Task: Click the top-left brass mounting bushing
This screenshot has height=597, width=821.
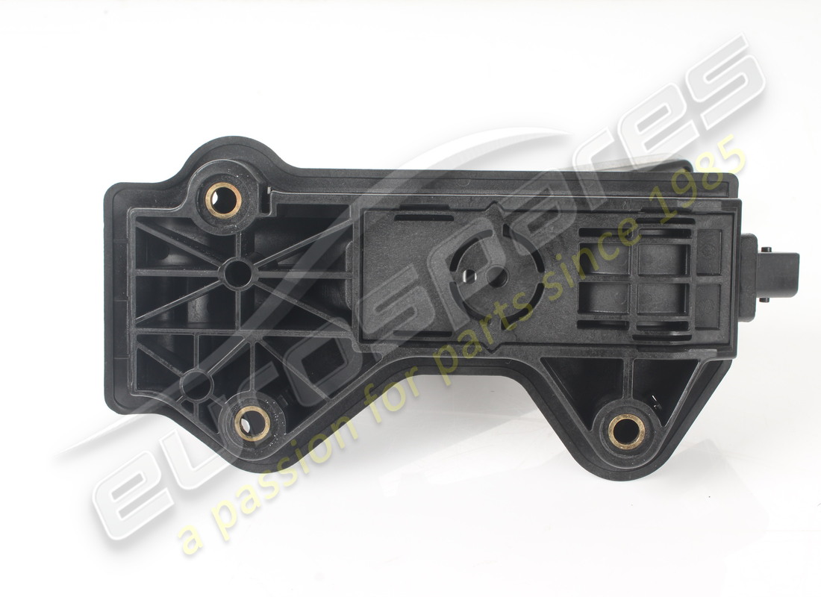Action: (x=223, y=199)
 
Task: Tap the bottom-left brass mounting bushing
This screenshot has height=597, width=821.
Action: (x=252, y=423)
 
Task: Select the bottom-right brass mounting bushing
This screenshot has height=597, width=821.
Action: (x=626, y=431)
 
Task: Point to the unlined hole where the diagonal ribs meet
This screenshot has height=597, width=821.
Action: (x=237, y=274)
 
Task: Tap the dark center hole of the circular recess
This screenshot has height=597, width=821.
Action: (x=499, y=278)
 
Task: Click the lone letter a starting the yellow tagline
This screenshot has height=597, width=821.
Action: (x=193, y=540)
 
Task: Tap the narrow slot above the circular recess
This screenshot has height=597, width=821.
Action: (x=423, y=218)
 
